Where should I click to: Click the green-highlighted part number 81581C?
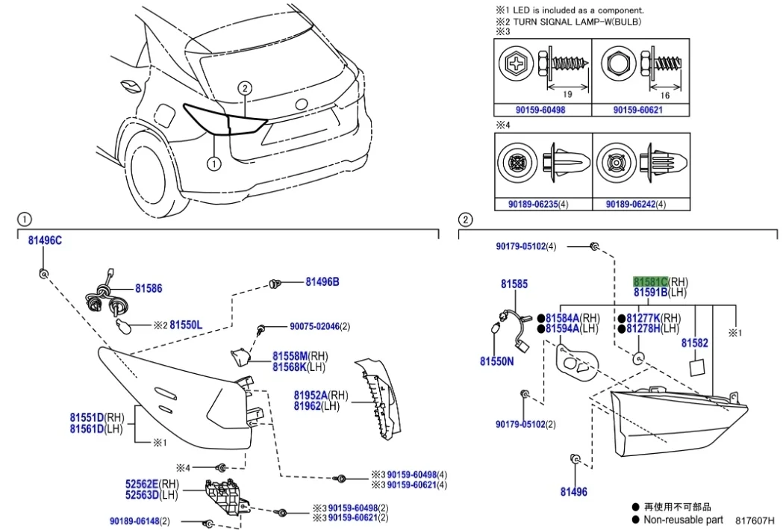pyautogui.click(x=650, y=281)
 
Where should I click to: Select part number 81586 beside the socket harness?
pyautogui.click(x=149, y=288)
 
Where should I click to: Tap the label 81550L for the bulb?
pyautogui.click(x=186, y=325)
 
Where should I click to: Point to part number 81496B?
pyautogui.click(x=322, y=281)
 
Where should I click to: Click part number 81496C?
pyautogui.click(x=45, y=240)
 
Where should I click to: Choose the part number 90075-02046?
pyautogui.click(x=314, y=326)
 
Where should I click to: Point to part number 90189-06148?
pyautogui.click(x=134, y=520)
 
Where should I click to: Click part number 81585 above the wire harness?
pyautogui.click(x=514, y=284)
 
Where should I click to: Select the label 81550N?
pyautogui.click(x=497, y=361)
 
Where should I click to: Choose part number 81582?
pyautogui.click(x=694, y=343)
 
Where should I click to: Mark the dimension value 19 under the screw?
pyautogui.click(x=567, y=94)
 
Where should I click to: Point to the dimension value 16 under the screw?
pyautogui.click(x=664, y=95)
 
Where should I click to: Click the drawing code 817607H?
pyautogui.click(x=754, y=520)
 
